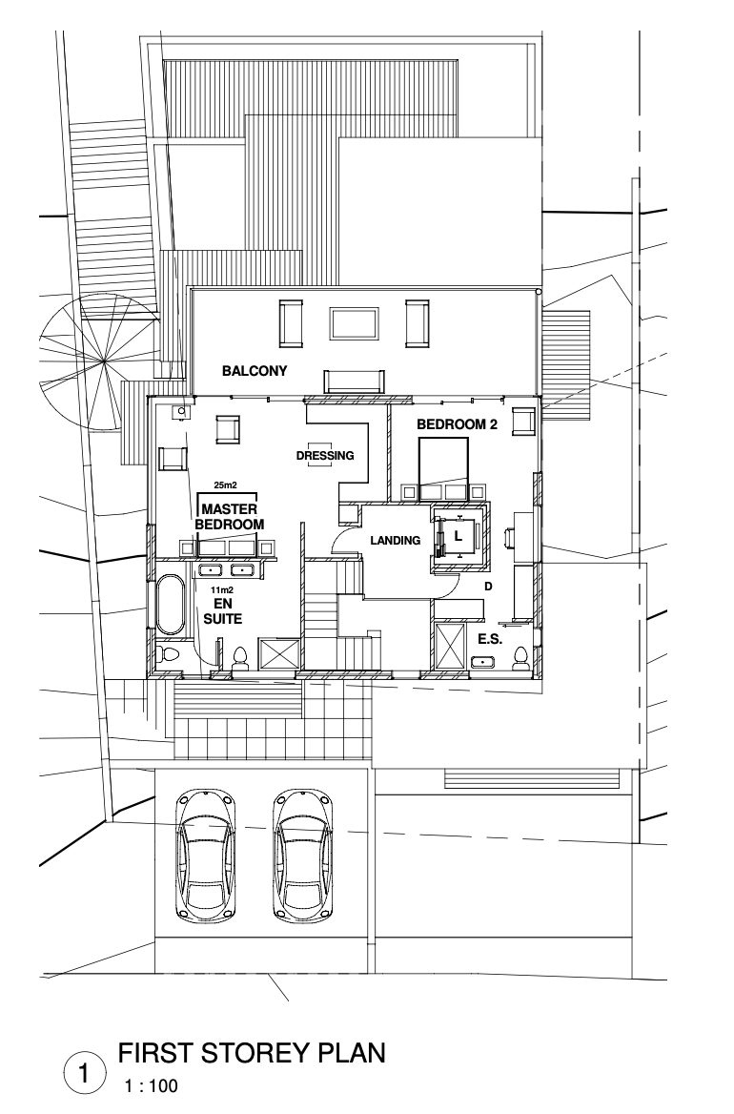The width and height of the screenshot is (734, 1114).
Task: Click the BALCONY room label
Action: tap(255, 371)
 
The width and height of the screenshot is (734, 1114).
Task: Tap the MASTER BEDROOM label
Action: tap(229, 517)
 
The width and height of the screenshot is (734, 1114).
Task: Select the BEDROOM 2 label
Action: tap(457, 424)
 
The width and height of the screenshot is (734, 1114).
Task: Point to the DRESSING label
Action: tap(325, 455)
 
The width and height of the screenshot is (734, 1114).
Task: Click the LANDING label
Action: tap(396, 541)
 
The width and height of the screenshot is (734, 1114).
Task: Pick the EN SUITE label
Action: tap(223, 611)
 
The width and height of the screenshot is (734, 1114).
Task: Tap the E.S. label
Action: tap(490, 639)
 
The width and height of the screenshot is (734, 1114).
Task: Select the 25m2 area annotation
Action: tap(225, 486)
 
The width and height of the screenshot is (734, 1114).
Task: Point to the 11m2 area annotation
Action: tap(222, 589)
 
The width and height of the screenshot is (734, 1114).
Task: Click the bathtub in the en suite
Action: tap(171, 605)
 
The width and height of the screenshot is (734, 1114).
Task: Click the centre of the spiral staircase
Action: tap(105, 363)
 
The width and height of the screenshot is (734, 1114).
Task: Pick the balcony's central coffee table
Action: tap(354, 323)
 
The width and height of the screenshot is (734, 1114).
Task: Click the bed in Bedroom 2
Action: tap(443, 464)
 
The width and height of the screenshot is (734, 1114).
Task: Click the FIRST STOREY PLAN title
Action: tap(252, 1053)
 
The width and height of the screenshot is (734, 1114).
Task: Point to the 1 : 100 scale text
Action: tap(152, 1086)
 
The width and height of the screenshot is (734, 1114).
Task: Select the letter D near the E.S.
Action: tap(488, 587)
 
